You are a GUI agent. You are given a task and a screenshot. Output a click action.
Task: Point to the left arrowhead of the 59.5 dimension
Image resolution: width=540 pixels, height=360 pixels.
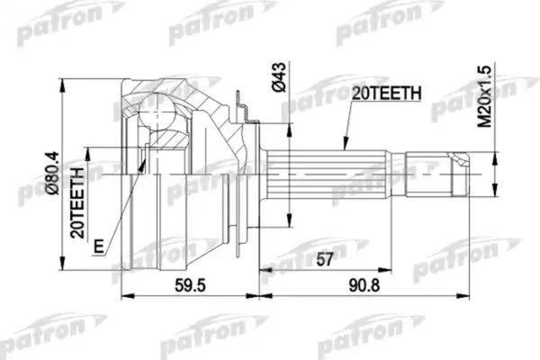[x=123, y=296]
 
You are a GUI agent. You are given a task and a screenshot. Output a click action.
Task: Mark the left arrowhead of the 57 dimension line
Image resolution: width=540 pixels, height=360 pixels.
[x=262, y=269]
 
